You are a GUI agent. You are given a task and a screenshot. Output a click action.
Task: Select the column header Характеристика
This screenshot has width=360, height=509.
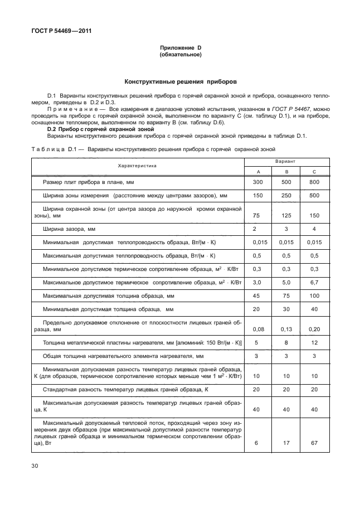pos(137,166)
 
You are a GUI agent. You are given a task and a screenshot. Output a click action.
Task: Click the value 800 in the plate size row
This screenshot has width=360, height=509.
pos(314,182)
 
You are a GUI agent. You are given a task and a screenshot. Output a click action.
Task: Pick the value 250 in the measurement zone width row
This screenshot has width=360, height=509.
pos(286,196)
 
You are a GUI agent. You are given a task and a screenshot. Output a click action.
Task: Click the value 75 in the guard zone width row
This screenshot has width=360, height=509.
pos(257,215)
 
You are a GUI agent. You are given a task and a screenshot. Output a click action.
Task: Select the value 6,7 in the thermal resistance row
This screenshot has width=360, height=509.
pos(314,282)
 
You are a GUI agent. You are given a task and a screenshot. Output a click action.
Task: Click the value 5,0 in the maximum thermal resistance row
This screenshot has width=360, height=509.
pos(286,282)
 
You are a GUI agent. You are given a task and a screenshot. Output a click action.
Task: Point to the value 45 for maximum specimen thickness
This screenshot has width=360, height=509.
pos(257,295)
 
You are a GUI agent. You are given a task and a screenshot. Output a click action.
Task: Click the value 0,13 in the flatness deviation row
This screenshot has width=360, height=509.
pos(286,329)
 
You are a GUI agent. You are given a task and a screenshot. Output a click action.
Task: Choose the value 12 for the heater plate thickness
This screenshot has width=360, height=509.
pos(314,342)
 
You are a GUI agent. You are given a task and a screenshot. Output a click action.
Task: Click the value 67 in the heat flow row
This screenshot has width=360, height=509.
pos(314,443)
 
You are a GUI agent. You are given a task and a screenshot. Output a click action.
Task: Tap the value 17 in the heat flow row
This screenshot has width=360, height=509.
pos(286,443)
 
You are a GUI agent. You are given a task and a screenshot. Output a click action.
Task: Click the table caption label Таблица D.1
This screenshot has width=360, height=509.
pos(54,149)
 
